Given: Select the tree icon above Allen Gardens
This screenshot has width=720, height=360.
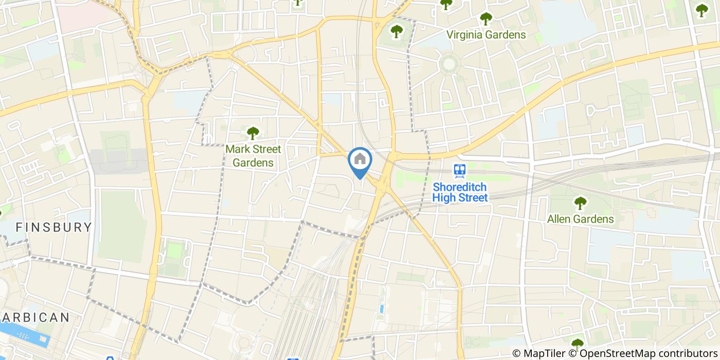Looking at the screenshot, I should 580,203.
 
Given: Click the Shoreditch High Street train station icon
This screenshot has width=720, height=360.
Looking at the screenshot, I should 459,170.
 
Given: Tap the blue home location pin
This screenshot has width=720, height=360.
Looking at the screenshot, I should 360,161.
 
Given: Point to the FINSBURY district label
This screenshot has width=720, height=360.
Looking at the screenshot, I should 53,227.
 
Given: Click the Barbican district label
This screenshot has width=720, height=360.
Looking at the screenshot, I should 35,317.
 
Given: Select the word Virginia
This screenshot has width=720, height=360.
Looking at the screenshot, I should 465,35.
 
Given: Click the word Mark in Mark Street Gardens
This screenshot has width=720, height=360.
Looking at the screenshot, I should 236,150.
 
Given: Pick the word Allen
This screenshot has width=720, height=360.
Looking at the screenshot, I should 559,219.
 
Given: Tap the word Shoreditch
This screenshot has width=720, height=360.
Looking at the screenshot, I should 460,187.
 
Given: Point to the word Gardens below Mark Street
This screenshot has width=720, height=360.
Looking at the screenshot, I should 253,163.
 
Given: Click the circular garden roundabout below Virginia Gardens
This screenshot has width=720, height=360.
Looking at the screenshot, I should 449,64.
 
